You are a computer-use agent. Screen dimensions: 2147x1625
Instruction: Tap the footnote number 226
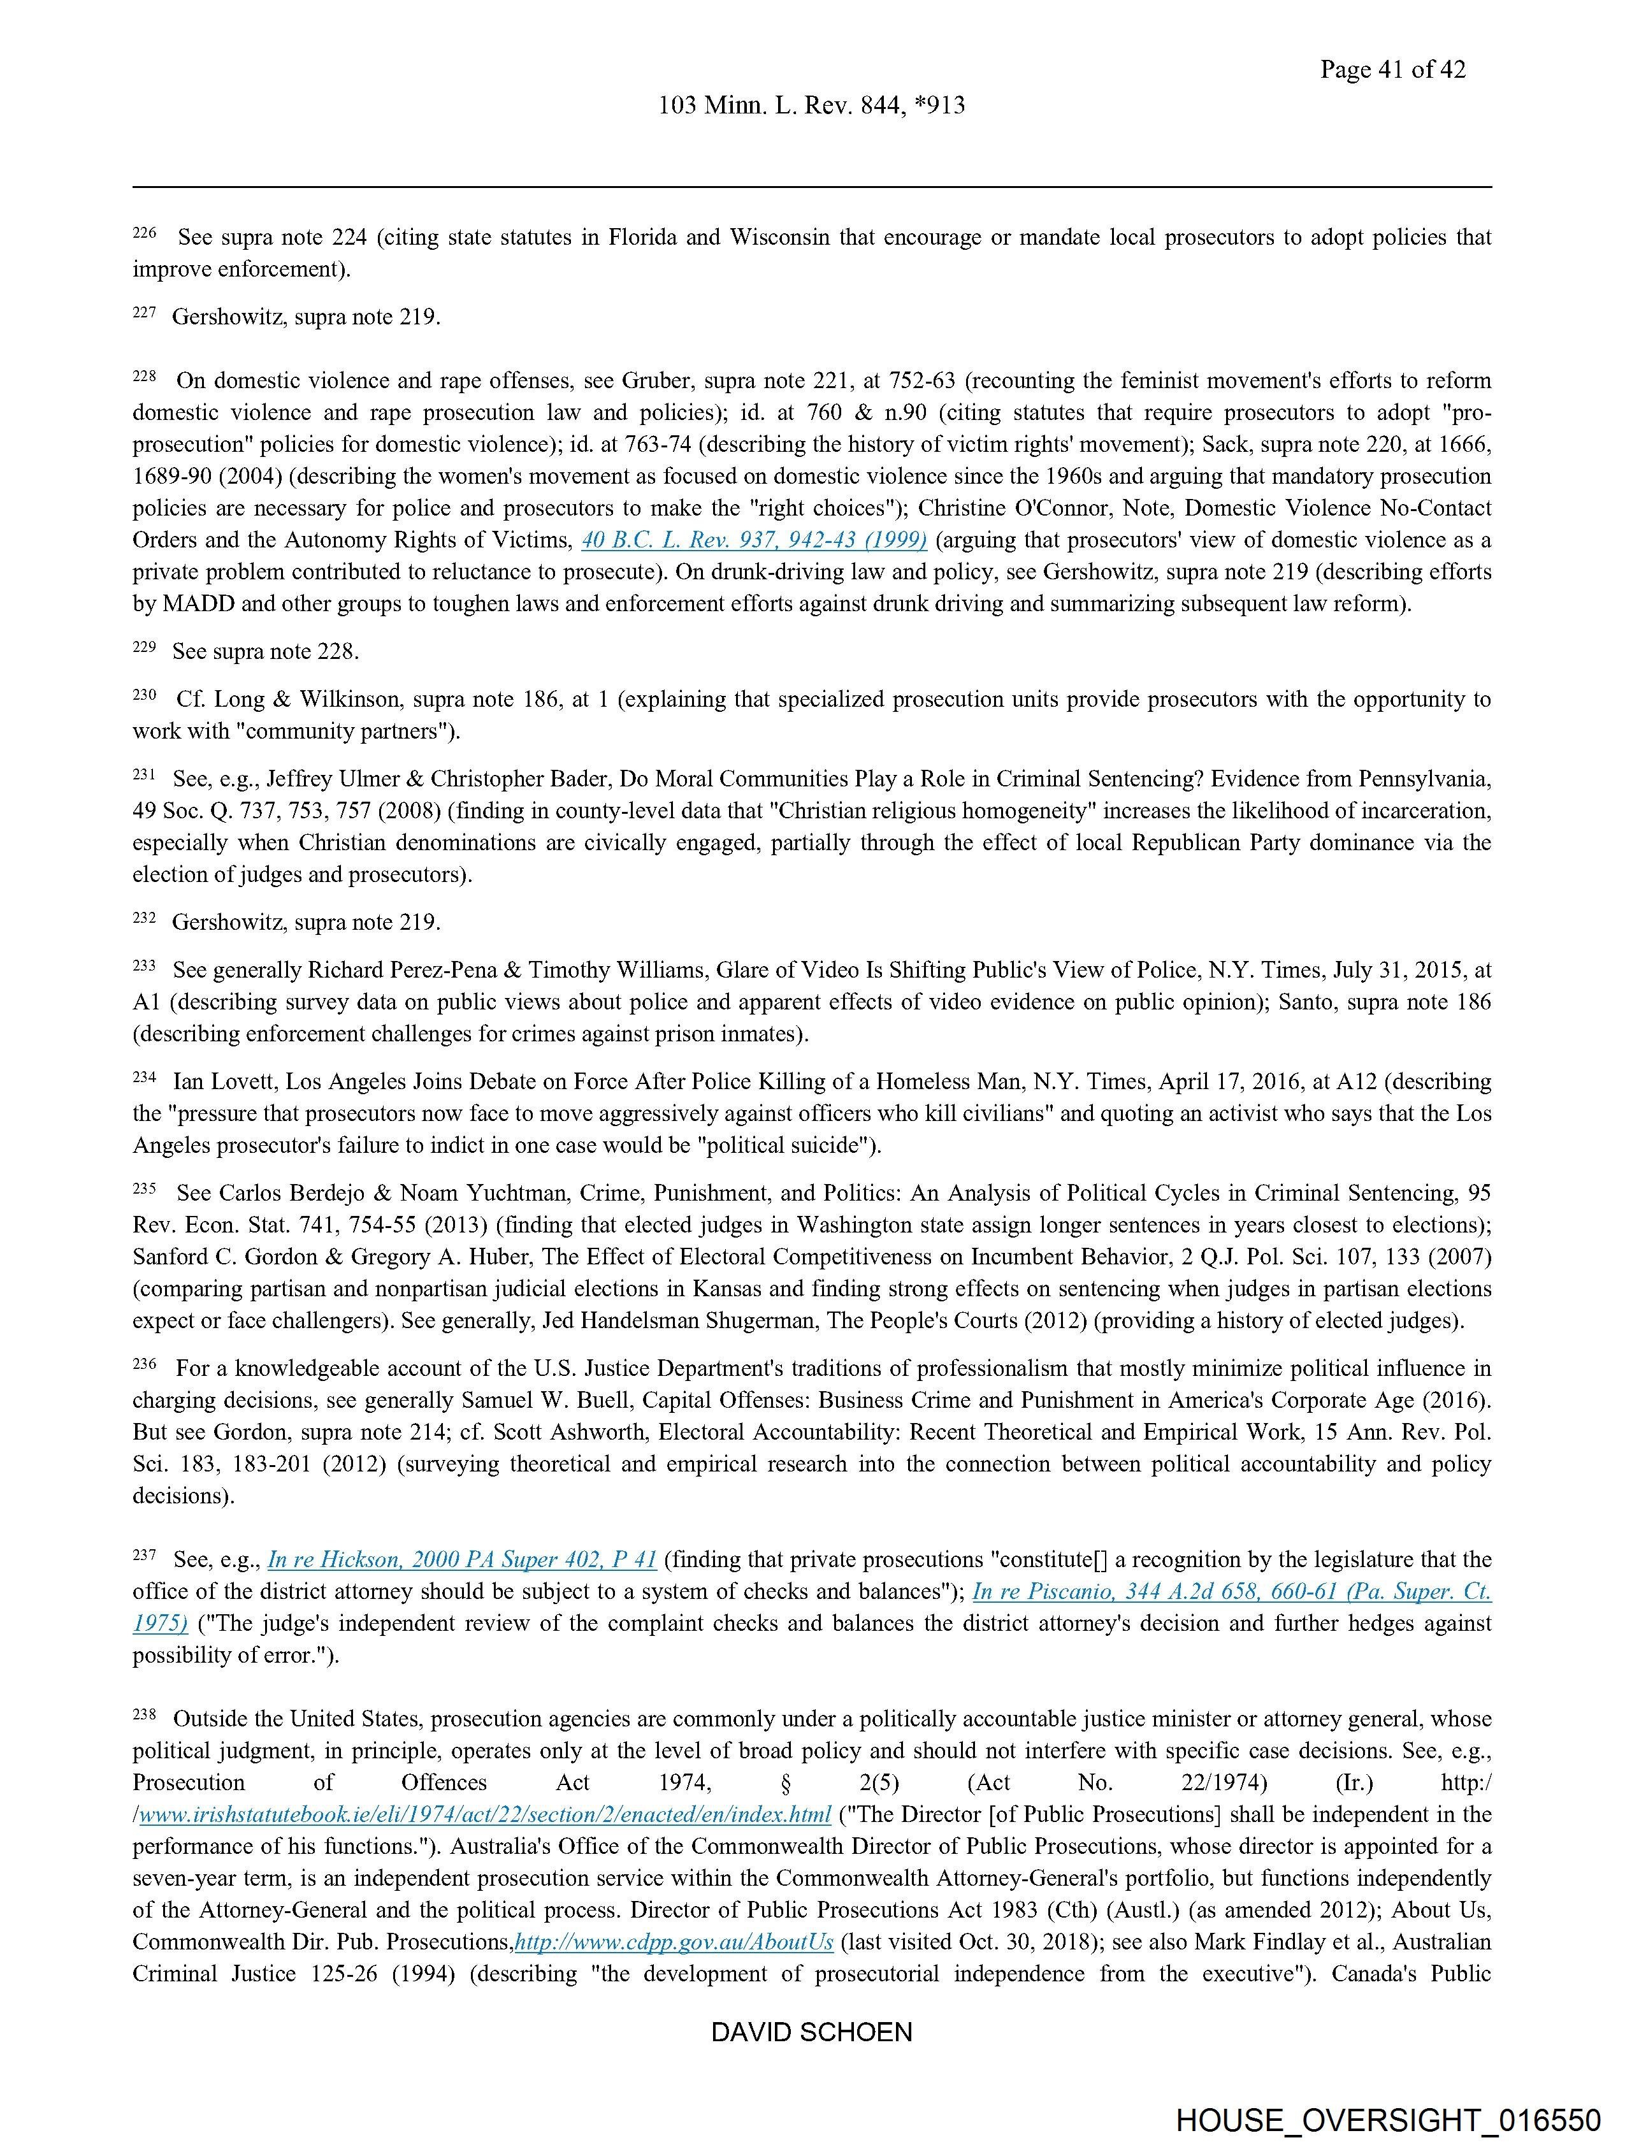143,233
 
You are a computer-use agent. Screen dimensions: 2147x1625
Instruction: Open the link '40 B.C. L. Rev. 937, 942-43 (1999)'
753,540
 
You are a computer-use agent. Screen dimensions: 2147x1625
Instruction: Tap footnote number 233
143,965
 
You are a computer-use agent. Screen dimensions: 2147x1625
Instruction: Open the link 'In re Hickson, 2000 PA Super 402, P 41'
462,1560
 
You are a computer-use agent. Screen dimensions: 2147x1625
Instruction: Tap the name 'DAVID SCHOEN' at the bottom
811,2032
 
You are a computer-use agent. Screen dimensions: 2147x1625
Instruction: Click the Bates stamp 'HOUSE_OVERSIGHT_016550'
1387,2119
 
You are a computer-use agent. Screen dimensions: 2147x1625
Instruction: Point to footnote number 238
143,1714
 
